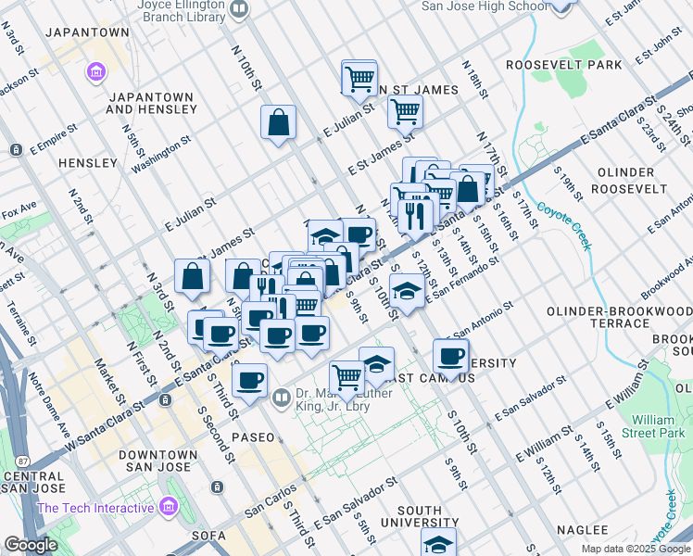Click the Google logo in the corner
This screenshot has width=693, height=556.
(x=31, y=545)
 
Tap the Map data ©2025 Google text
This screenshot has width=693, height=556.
(x=636, y=549)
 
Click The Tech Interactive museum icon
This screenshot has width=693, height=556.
(x=168, y=507)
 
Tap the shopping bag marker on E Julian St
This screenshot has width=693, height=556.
(x=278, y=123)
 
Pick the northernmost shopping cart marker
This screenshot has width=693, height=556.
(x=359, y=77)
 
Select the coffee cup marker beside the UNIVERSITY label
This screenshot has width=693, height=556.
(x=451, y=356)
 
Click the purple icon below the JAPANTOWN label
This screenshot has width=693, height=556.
(x=94, y=70)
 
